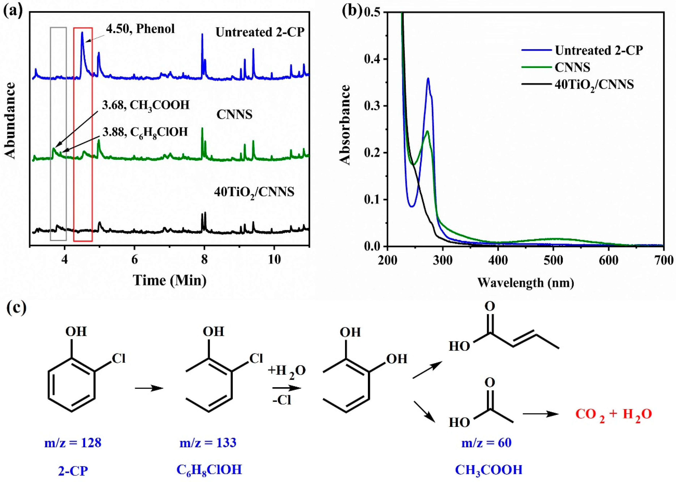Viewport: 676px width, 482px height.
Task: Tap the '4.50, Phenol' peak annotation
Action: tap(140, 29)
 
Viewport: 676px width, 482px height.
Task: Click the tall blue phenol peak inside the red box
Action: tap(82, 33)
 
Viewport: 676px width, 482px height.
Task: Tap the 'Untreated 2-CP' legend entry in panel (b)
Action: tap(599, 50)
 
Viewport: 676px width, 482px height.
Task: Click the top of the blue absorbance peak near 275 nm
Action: tap(428, 79)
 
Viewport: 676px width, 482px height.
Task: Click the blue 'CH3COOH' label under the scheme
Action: tap(488, 470)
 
